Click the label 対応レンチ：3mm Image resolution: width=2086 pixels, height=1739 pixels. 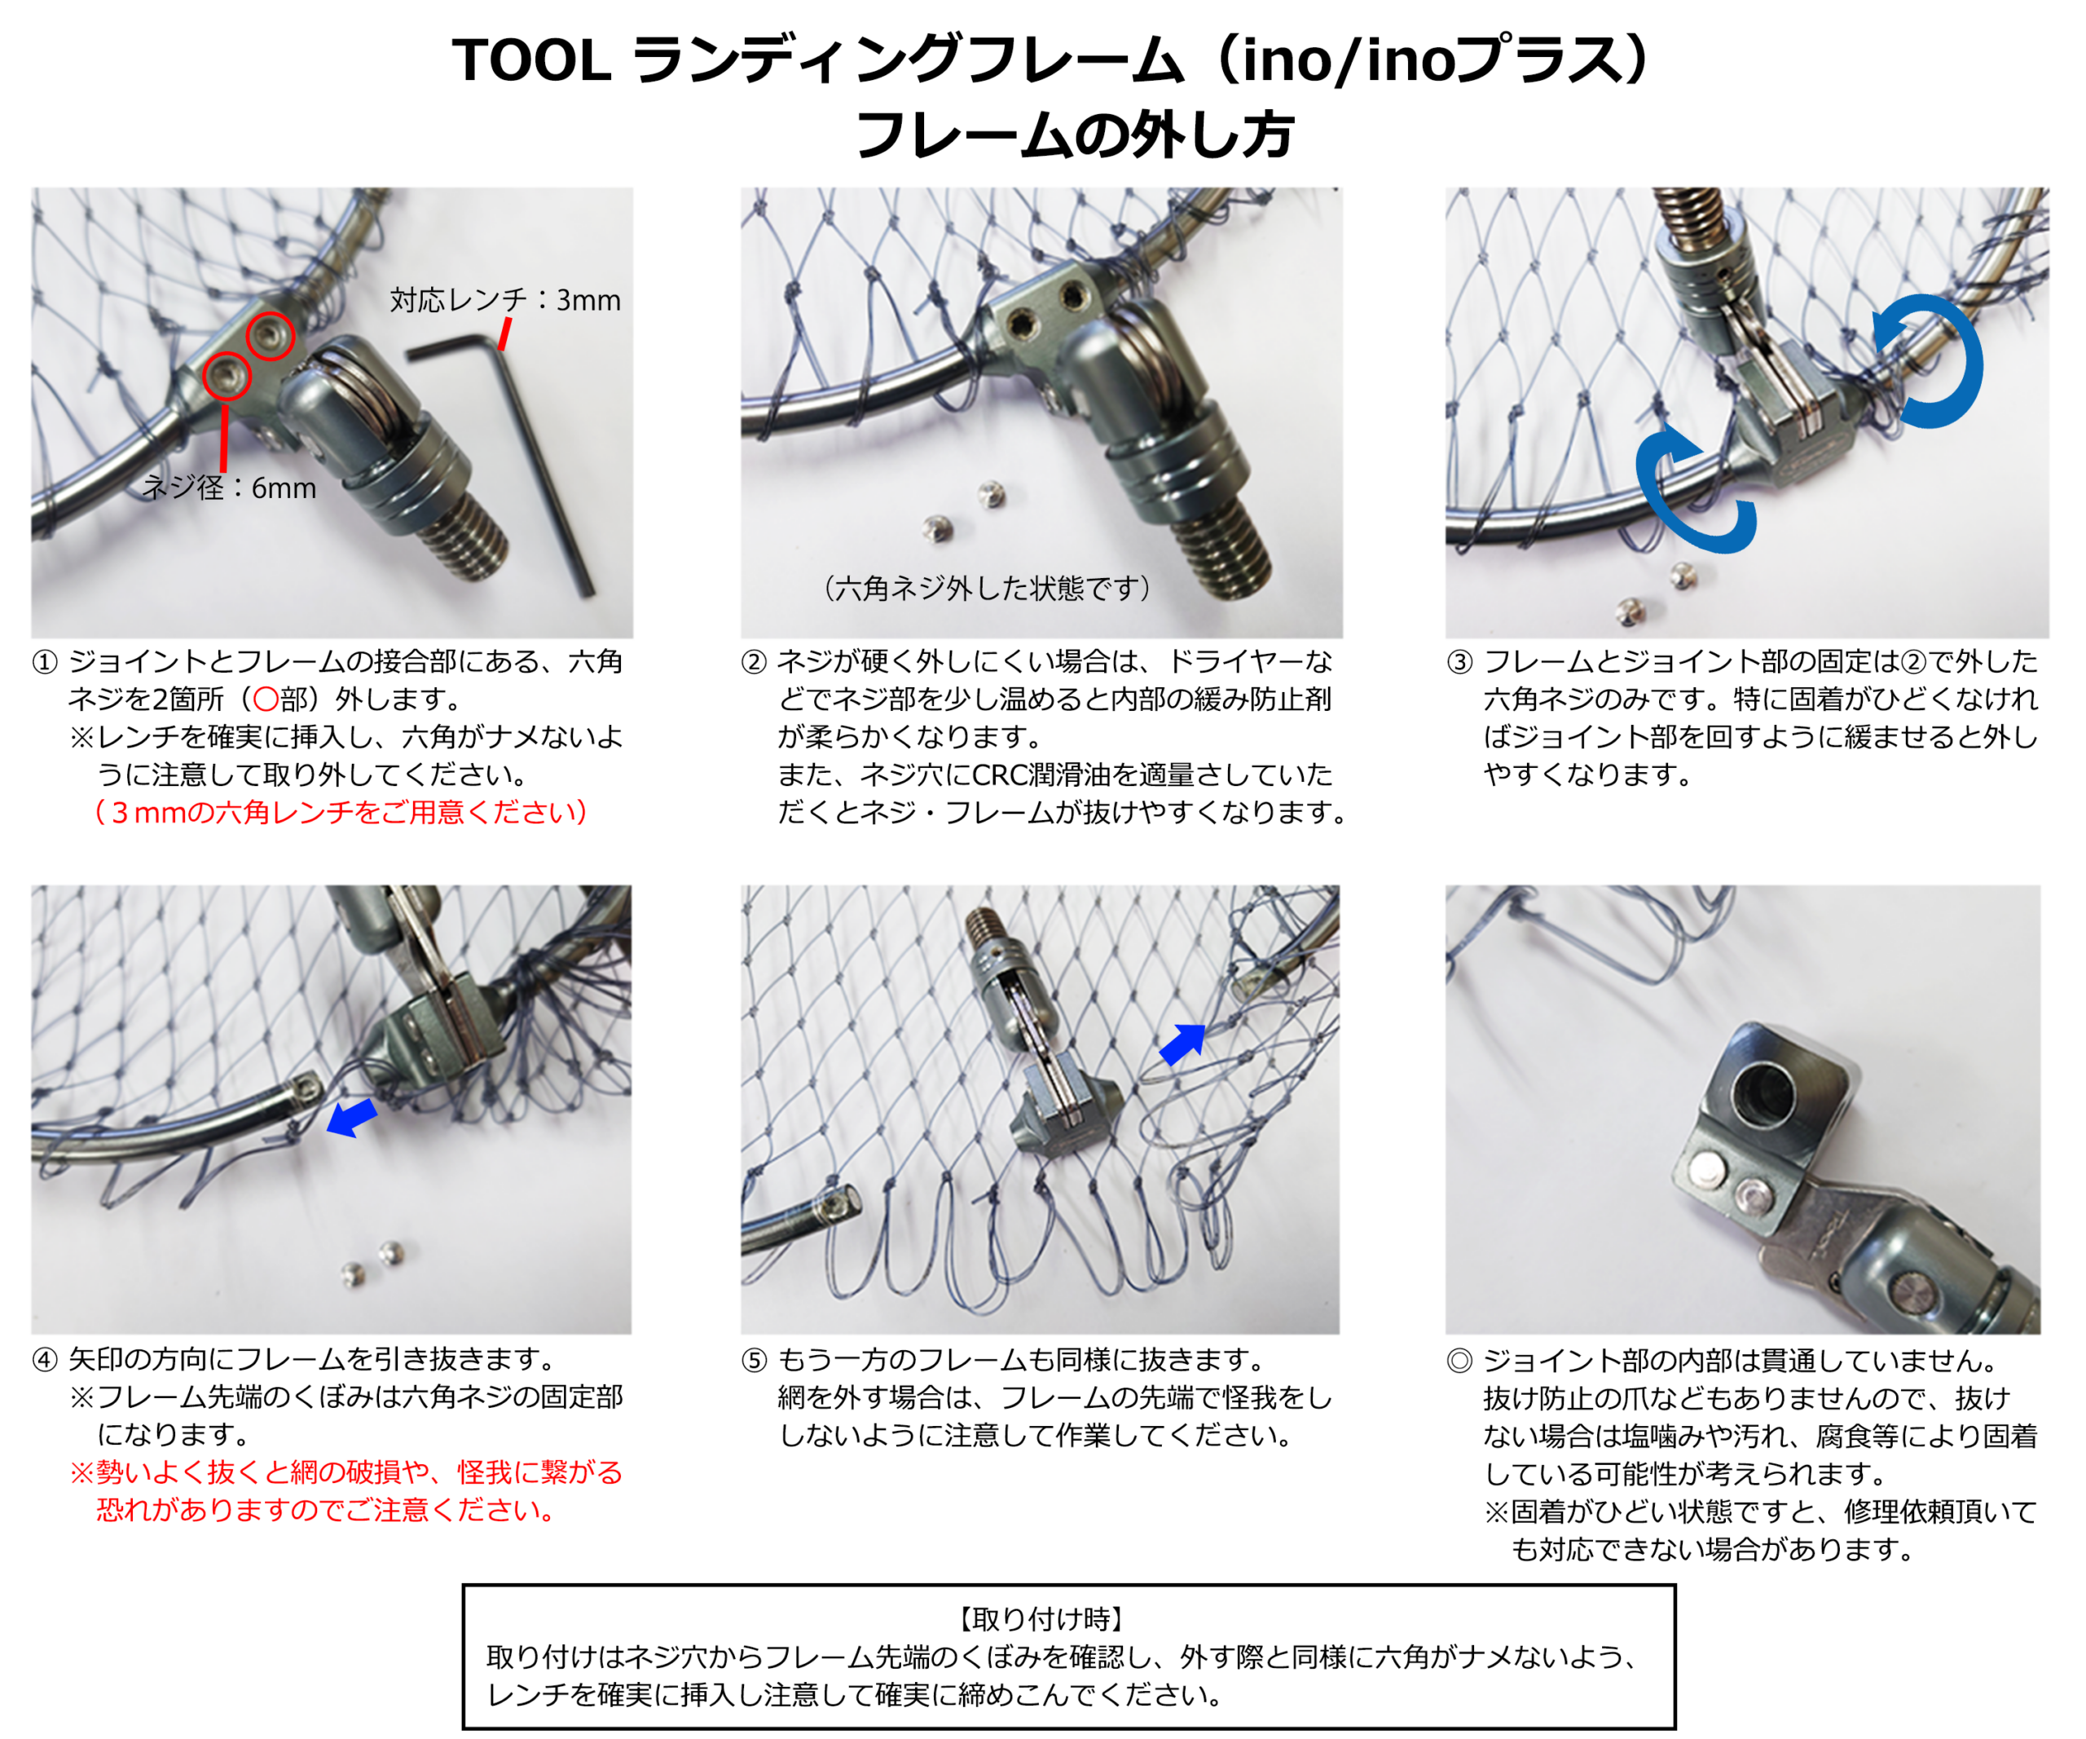pyautogui.click(x=504, y=299)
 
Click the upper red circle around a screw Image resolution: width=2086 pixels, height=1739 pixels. pyautogui.click(x=271, y=335)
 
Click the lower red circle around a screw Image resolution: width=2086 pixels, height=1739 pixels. pyautogui.click(x=227, y=376)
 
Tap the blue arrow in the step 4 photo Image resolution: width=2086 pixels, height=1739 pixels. pyautogui.click(x=352, y=1117)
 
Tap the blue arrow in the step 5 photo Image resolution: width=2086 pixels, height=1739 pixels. pyautogui.click(x=1183, y=1044)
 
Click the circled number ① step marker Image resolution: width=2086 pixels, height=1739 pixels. pyautogui.click(x=45, y=663)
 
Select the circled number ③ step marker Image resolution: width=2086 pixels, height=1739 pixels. pyautogui.click(x=1459, y=663)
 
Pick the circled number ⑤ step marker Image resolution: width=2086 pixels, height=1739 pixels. pyautogui.click(x=754, y=1361)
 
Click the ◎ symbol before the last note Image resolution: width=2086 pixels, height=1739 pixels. pyautogui.click(x=1459, y=1361)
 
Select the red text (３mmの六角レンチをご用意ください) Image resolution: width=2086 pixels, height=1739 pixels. pyautogui.click(x=341, y=812)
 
